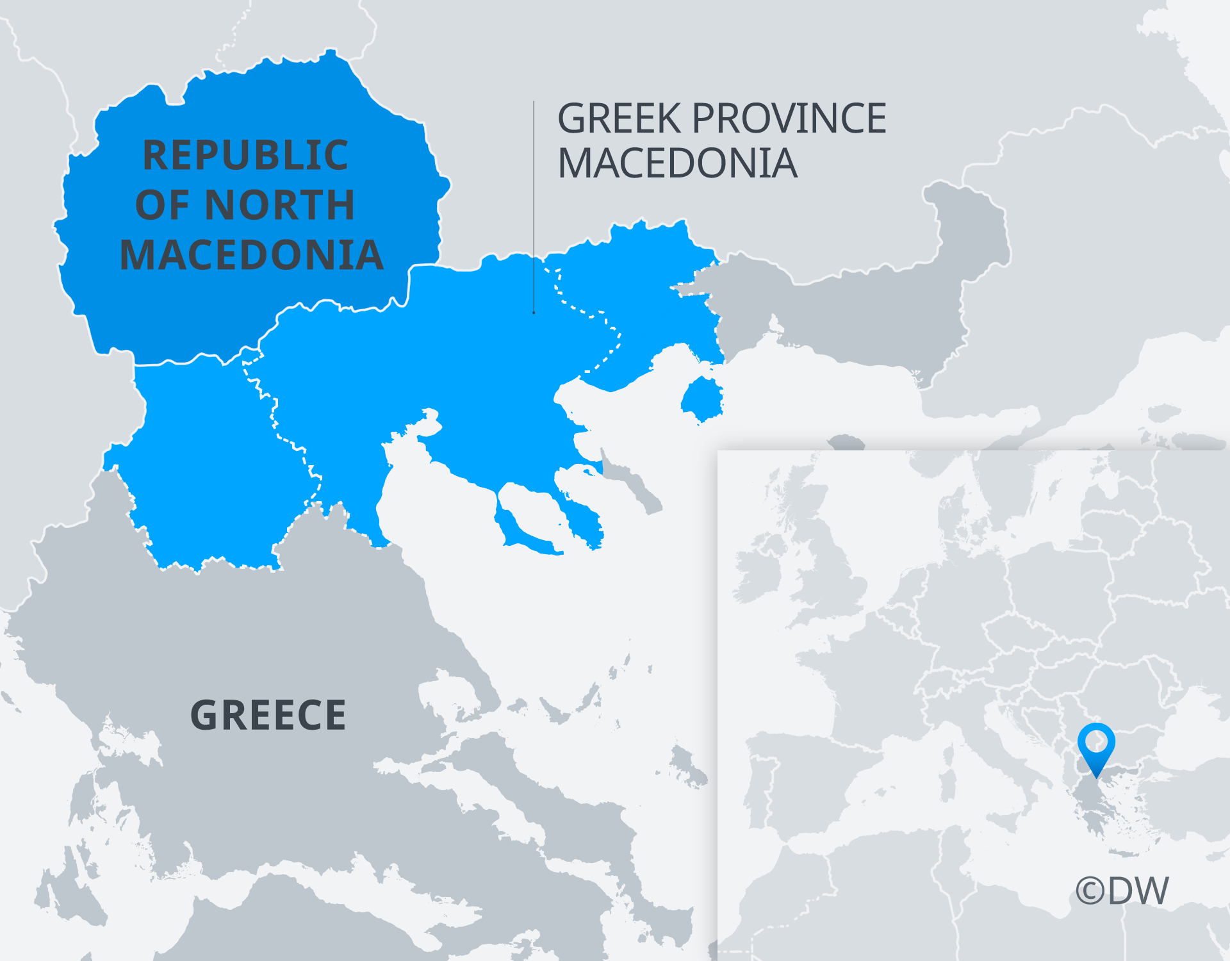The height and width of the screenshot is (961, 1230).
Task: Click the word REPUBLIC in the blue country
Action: coord(245,156)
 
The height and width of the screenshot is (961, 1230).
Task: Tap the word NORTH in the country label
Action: coord(280,206)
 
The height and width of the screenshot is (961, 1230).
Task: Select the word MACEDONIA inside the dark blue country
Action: coord(252,256)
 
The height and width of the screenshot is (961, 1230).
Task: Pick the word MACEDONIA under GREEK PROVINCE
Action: coord(677,164)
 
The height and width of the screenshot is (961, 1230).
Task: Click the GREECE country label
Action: coord(268,716)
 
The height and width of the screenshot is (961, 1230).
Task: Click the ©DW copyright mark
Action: coord(1122,891)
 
